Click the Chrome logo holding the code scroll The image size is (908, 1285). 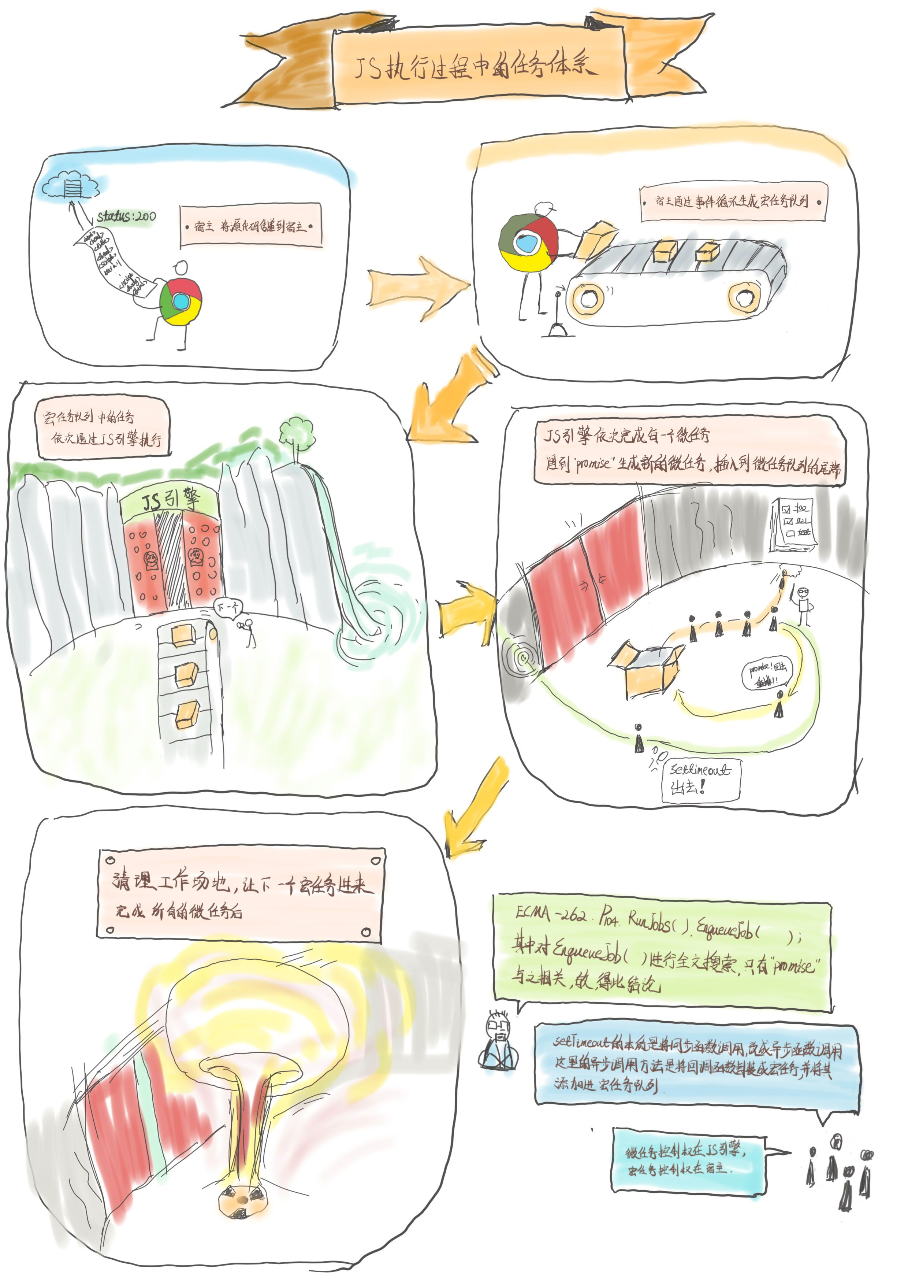pos(180,302)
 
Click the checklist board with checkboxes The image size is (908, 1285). pos(793,523)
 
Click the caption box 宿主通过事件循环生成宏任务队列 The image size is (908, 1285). pos(733,201)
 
